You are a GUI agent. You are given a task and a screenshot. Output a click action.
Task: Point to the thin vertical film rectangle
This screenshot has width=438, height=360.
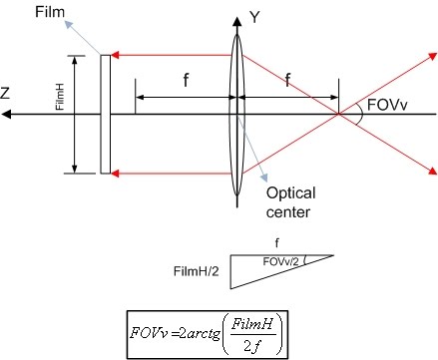tap(104, 113)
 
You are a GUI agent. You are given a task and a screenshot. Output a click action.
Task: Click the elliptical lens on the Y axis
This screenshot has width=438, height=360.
tap(235, 113)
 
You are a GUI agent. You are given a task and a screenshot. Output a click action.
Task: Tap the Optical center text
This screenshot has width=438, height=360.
tap(287, 203)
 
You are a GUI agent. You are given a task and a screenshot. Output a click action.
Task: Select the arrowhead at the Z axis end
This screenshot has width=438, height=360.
tap(8, 113)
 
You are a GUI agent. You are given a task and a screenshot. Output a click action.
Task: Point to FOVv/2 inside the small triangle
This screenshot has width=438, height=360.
tap(283, 260)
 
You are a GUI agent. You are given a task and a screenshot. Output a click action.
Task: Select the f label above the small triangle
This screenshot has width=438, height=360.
tap(278, 239)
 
